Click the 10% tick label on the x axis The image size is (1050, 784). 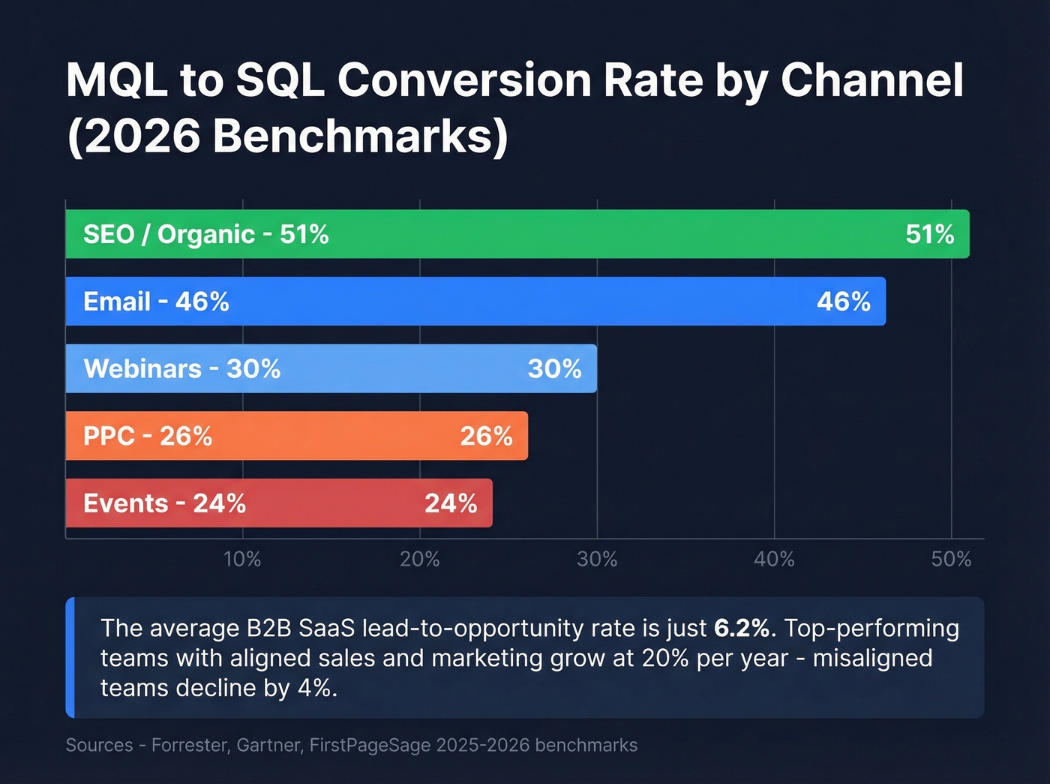[242, 560]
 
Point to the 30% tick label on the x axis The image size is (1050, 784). [597, 560]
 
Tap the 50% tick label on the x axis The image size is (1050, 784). [951, 560]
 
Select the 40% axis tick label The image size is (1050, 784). [774, 560]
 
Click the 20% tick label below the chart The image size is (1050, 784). [419, 560]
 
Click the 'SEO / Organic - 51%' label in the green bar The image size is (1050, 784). [205, 235]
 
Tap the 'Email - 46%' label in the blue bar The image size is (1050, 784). [156, 302]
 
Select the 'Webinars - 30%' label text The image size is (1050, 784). [181, 369]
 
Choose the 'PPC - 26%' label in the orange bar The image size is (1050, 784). [148, 436]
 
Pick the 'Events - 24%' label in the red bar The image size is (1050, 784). [164, 503]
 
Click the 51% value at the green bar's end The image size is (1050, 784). [929, 235]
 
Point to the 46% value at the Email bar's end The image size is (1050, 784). [843, 302]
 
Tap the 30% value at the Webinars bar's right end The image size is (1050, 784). [554, 369]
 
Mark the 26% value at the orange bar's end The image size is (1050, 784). [486, 436]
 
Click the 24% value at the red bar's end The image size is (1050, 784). [451, 503]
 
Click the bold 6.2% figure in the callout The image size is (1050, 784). [741, 628]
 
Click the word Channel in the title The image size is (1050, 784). [871, 80]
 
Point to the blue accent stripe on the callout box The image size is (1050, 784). [70, 657]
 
